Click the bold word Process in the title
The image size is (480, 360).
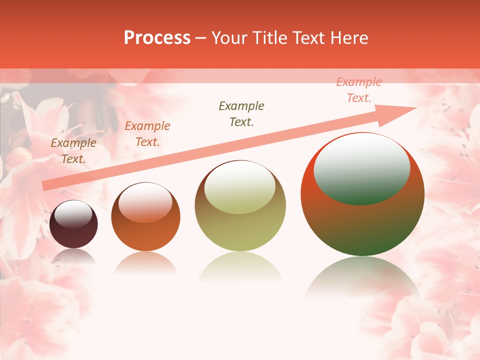click(x=157, y=38)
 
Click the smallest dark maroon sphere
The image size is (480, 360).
click(x=73, y=224)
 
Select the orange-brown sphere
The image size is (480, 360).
click(x=145, y=216)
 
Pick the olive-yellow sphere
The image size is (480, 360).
click(x=240, y=205)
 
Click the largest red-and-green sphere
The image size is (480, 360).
click(x=362, y=194)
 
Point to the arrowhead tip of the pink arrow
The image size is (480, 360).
click(x=416, y=107)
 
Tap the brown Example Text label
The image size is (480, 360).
click(x=73, y=151)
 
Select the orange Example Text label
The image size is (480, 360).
click(x=147, y=134)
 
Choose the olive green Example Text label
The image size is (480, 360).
click(x=241, y=114)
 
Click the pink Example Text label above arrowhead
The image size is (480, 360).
click(x=359, y=90)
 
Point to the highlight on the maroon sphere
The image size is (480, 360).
click(x=73, y=214)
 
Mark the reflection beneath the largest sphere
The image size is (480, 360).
click(x=362, y=280)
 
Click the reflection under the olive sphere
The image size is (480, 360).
click(x=240, y=267)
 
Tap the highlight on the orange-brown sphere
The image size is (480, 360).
click(x=145, y=202)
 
